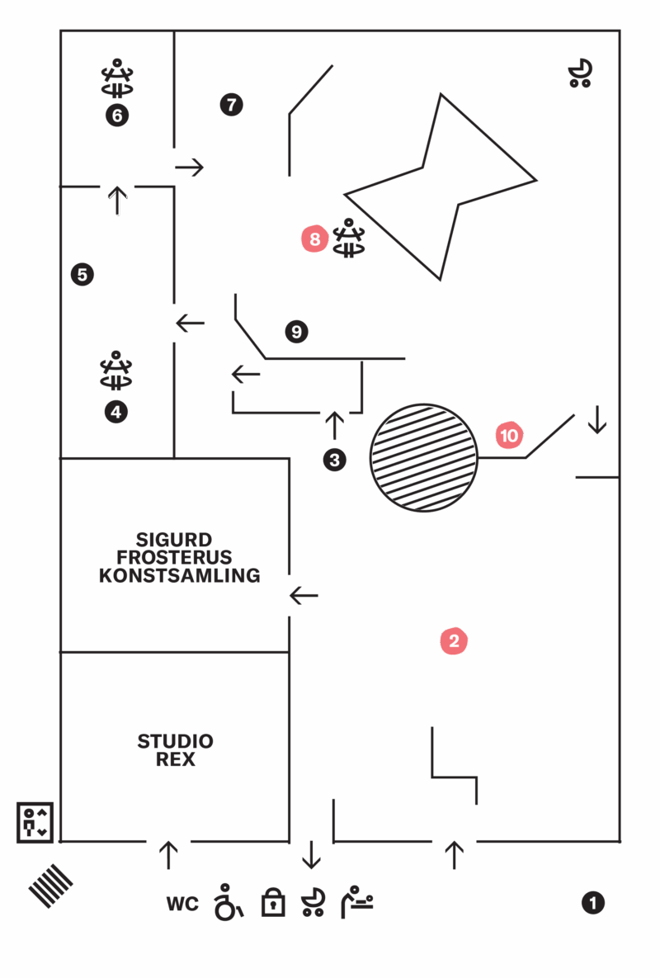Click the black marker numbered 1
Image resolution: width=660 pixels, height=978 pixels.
coord(592,903)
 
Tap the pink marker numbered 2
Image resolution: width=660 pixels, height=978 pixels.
coord(454,640)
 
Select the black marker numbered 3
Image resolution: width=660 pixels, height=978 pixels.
coord(335,461)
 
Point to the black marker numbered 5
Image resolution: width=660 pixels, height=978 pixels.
coord(82,275)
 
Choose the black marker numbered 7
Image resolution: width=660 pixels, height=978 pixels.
coord(231,104)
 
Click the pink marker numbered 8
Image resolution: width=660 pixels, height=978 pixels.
coord(314,239)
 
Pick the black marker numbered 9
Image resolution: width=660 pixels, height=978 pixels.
coord(297,331)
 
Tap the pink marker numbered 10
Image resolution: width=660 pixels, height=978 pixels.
coord(509,436)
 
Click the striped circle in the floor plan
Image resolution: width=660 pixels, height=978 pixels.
coord(424,458)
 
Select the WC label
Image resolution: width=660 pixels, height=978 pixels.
coord(182,904)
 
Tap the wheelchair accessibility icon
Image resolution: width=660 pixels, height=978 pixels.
coord(228,903)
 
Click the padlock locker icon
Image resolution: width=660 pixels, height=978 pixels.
coord(273,902)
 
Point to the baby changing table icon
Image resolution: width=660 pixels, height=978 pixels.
coord(357,902)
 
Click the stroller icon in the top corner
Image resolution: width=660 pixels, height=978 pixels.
coord(580,73)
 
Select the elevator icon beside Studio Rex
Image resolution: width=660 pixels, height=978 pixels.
coord(35,823)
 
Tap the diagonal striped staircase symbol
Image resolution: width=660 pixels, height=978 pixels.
coord(50,886)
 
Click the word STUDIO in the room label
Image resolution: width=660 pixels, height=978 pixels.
coord(175,741)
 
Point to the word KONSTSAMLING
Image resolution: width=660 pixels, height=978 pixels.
coord(180,575)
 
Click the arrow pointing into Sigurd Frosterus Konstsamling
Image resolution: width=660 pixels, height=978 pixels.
coord(304,596)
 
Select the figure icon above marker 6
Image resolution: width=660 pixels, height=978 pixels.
coord(117,78)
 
